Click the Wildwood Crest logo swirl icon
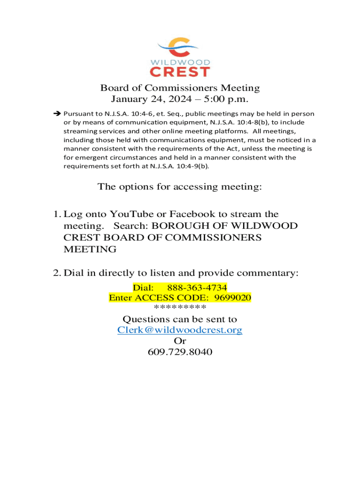[x=180, y=47]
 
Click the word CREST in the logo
[x=180, y=71]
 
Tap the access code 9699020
[x=233, y=298]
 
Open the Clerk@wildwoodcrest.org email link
[x=180, y=330]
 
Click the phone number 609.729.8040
[x=180, y=352]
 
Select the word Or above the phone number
[x=180, y=341]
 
